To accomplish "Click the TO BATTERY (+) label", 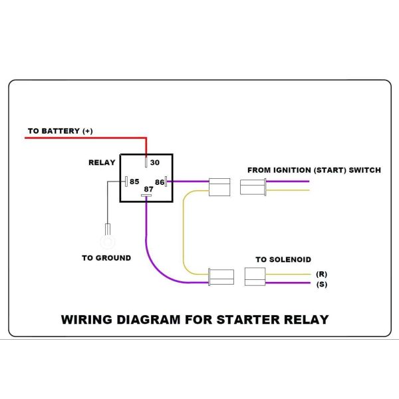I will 60,131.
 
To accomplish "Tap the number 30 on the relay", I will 155,162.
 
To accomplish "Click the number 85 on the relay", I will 134,181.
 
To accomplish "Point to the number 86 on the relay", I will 160,181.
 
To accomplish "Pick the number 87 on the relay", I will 149,190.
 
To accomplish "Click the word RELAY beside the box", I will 102,162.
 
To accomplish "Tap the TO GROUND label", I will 106,257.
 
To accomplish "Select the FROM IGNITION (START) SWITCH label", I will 314,170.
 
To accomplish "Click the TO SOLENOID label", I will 283,259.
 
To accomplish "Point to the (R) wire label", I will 322,273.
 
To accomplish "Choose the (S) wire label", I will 322,285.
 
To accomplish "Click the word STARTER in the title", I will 245,319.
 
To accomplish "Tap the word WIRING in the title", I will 88,319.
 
